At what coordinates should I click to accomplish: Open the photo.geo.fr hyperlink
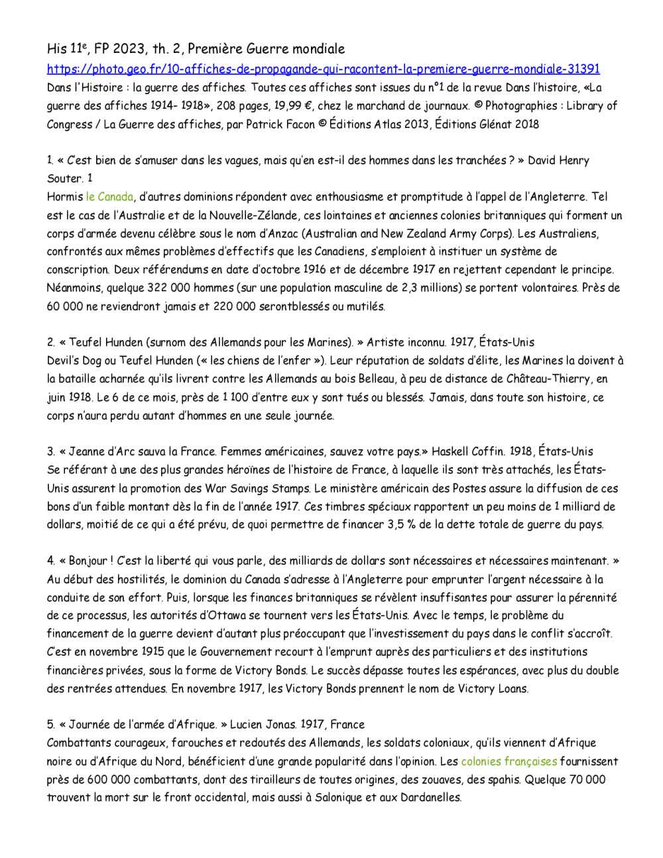323,69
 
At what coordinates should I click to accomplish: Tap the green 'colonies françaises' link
509,761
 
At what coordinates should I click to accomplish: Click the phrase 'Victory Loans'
489,688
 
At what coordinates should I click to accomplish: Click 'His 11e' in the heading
67,48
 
